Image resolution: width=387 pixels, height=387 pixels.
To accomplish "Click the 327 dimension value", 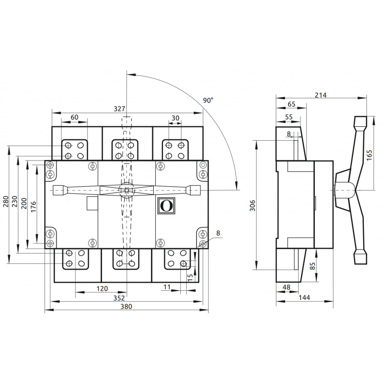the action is coord(119,108).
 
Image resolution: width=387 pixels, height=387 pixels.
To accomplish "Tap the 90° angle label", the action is coord(208,100).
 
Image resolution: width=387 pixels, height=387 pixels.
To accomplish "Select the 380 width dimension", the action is coord(126,307).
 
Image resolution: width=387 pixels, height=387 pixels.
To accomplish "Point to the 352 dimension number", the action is coord(119,298).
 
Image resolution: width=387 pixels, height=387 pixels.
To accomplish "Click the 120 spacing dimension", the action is coord(102,288).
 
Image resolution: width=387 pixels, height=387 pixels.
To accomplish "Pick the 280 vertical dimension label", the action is coord(6,201).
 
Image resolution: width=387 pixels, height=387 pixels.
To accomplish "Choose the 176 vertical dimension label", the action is coord(33,207).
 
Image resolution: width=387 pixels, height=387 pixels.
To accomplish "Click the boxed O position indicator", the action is coord(166,206).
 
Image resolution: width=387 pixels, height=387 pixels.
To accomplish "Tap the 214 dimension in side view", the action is coord(321,95).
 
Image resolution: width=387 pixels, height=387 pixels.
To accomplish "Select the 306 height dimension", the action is coord(253,206).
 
